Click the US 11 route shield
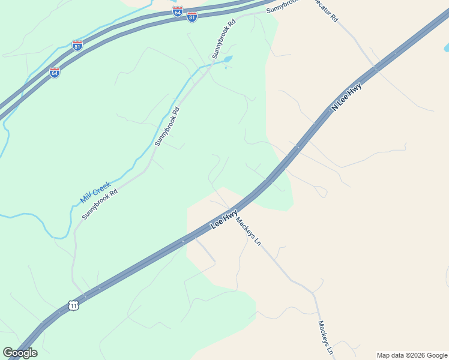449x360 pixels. point(73,305)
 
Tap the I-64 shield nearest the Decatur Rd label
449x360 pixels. point(177,11)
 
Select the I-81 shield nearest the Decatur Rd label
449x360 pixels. point(192,17)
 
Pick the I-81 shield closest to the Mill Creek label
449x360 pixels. point(77,46)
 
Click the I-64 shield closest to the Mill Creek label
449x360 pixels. point(55,73)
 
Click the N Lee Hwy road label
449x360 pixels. point(346,98)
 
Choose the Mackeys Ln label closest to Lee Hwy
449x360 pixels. point(248,232)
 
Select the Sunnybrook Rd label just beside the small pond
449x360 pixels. point(223,38)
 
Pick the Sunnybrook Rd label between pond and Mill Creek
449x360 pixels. point(167,127)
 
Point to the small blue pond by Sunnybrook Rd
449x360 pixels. point(226,59)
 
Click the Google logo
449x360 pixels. point(20,353)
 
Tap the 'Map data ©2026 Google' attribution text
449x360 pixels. point(412,355)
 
